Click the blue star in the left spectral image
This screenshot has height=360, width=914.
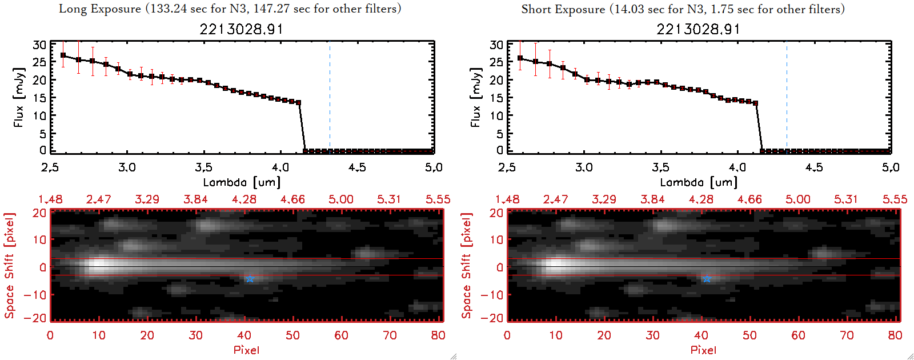coord(250,278)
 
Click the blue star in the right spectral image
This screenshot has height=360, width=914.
coord(707,278)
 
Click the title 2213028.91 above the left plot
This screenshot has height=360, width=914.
coord(241,29)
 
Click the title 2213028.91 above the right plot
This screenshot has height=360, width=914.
coord(698,29)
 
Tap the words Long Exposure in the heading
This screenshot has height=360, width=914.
coord(100,9)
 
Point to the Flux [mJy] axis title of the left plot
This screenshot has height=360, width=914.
coord(19,97)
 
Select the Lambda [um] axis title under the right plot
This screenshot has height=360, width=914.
coord(699,182)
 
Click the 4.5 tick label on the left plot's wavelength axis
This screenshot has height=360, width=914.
coord(357,167)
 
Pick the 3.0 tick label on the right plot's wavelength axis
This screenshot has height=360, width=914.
coord(584,167)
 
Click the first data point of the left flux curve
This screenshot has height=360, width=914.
coord(63,55)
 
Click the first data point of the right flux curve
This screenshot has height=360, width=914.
coord(520,58)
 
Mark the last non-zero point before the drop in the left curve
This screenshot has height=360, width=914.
coord(298,102)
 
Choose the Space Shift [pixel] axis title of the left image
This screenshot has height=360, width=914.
coord(10,266)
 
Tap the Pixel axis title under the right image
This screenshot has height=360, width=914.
coord(703,350)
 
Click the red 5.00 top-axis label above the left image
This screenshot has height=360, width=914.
coord(340,199)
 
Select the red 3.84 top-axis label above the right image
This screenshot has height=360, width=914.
coord(652,199)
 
